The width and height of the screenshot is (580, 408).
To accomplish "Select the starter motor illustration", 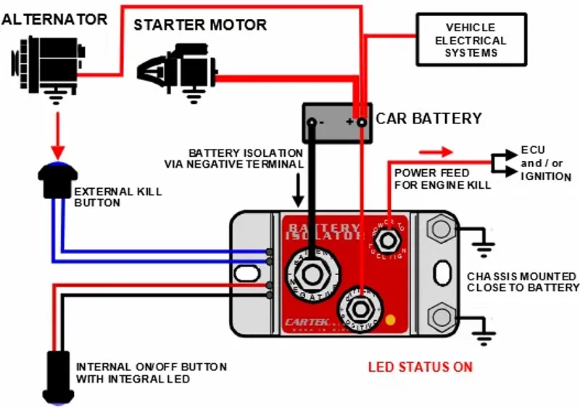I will pyautogui.click(x=178, y=69).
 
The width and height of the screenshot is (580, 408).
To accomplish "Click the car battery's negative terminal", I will pyautogui.click(x=312, y=122).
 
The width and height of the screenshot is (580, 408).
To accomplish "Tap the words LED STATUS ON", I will pyautogui.click(x=420, y=367).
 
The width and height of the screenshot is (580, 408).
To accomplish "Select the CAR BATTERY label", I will pyautogui.click(x=428, y=118).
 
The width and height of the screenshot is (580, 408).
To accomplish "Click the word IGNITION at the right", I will pyautogui.click(x=546, y=176).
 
